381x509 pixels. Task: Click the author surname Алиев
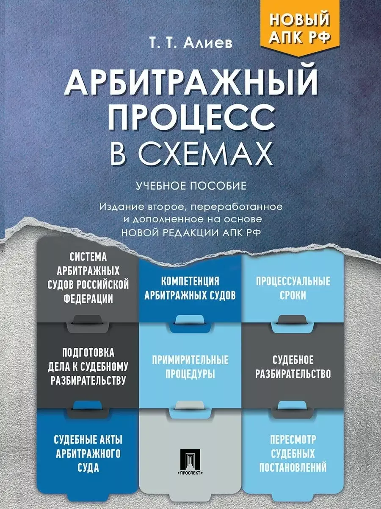click(x=207, y=43)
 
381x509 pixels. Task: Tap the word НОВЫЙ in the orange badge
click(x=300, y=19)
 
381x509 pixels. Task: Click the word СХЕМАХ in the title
click(x=205, y=152)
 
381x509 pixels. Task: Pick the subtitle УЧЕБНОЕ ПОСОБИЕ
click(x=191, y=186)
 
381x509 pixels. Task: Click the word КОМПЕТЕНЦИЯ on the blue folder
click(x=190, y=282)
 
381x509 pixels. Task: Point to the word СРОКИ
click(x=293, y=295)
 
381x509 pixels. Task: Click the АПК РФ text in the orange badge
click(x=300, y=36)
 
